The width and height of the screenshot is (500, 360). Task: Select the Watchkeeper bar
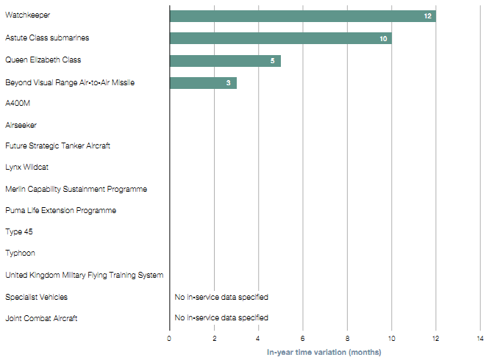pyautogui.click(x=301, y=16)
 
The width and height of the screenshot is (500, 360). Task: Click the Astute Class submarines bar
pyautogui.click(x=279, y=38)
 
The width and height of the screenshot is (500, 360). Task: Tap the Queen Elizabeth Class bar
pyautogui.click(x=224, y=60)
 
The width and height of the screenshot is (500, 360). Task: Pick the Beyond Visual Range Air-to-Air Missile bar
pyautogui.click(x=202, y=82)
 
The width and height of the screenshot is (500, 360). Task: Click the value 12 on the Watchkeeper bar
pyautogui.click(x=427, y=16)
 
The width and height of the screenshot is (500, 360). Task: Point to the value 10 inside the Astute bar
pyautogui.click(x=383, y=38)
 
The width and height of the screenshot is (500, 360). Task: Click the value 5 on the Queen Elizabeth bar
pyautogui.click(x=272, y=61)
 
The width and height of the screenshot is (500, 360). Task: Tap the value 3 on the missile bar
pyautogui.click(x=228, y=83)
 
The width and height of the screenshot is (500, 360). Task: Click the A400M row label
pyautogui.click(x=18, y=104)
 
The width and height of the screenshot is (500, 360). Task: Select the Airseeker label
pyautogui.click(x=21, y=126)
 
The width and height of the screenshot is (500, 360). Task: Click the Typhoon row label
pyautogui.click(x=20, y=253)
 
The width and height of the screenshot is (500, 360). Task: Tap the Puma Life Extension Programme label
pyautogui.click(x=60, y=211)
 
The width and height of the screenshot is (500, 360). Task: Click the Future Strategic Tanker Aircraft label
pyautogui.click(x=57, y=146)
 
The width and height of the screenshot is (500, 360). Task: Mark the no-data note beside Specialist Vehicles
pyautogui.click(x=221, y=298)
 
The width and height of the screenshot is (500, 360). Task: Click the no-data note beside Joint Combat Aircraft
pyautogui.click(x=221, y=318)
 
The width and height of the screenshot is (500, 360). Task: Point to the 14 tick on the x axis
pyautogui.click(x=480, y=339)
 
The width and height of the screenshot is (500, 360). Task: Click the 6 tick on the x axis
pyautogui.click(x=303, y=339)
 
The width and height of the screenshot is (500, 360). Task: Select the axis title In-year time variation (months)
pyautogui.click(x=324, y=353)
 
